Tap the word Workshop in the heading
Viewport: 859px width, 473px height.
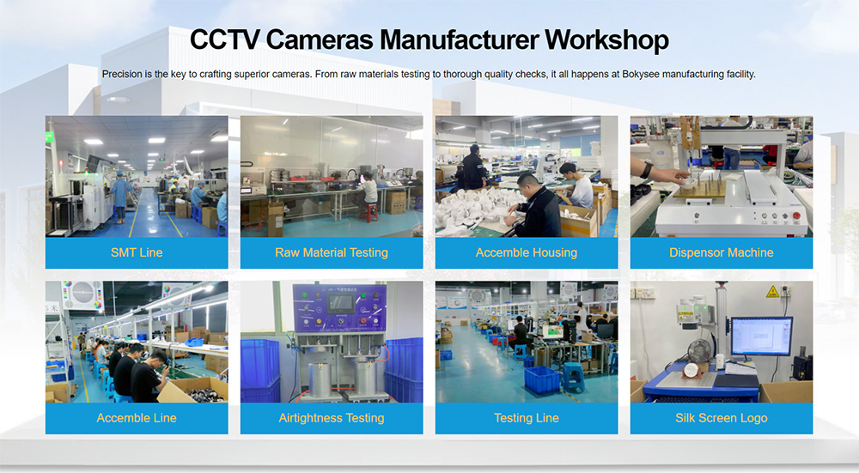(x=606, y=41)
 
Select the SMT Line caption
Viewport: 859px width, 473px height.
(x=137, y=252)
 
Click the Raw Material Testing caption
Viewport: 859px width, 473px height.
(x=332, y=252)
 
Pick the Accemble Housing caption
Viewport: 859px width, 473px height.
(x=527, y=252)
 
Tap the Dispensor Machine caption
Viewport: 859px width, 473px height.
(x=722, y=252)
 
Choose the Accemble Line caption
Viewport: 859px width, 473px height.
(x=137, y=418)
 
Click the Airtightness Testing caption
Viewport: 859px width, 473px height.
(x=332, y=418)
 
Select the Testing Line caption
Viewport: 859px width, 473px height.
(x=527, y=418)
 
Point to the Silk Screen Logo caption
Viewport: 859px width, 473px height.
(x=722, y=418)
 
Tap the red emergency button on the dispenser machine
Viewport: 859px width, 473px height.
(x=796, y=215)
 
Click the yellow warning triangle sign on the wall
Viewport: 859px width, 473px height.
(x=772, y=292)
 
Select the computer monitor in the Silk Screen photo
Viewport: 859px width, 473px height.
(x=761, y=337)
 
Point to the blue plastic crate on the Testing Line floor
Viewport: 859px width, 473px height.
(x=541, y=379)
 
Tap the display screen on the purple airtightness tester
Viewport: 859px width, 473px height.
(x=339, y=302)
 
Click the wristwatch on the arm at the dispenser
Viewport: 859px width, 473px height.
(x=647, y=170)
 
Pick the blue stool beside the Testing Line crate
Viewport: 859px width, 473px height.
(x=572, y=377)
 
